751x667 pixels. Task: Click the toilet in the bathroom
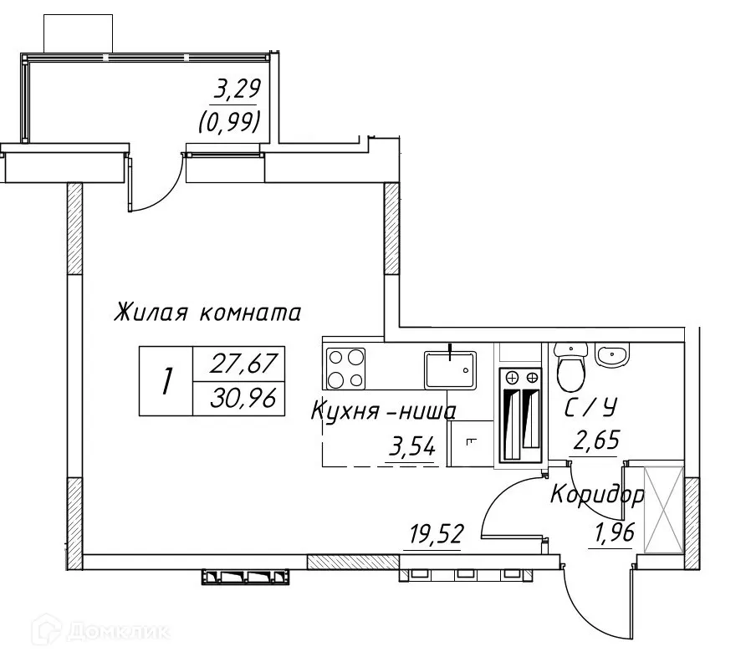click(x=571, y=366)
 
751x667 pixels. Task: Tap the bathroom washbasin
click(x=611, y=354)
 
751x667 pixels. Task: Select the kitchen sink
click(x=450, y=369)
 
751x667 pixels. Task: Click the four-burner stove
click(x=345, y=369)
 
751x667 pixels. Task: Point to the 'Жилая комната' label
click(x=207, y=313)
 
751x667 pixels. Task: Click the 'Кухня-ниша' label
click(x=384, y=411)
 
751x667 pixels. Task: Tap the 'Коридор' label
click(x=597, y=496)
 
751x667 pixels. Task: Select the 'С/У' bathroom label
click(x=590, y=408)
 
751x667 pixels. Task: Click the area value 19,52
click(x=437, y=534)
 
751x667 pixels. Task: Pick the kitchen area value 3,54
click(x=412, y=448)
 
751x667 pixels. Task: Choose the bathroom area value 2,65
click(x=596, y=440)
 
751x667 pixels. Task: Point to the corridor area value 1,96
click(x=615, y=532)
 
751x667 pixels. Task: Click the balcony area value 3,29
click(x=238, y=89)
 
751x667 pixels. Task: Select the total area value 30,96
click(x=243, y=399)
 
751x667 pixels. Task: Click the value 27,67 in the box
click(x=244, y=364)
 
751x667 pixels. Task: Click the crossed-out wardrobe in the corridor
click(x=664, y=510)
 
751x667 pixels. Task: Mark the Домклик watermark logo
click(x=101, y=629)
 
